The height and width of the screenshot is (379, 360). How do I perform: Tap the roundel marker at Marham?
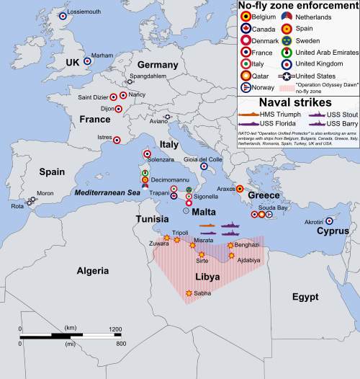(87, 61)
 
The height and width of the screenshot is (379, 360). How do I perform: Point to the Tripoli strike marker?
(177, 240)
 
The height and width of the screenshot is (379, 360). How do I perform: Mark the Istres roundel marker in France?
(118, 141)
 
